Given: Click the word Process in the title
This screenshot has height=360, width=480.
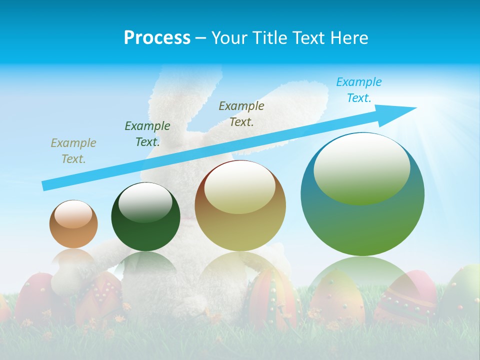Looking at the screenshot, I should tap(157, 38).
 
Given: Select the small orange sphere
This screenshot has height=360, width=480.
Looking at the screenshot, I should tap(73, 224).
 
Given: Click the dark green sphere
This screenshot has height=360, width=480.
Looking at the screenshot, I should tap(145, 217).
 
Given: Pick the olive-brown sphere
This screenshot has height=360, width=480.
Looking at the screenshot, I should tap(240, 205).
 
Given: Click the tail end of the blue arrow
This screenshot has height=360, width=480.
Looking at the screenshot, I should tap(44, 186).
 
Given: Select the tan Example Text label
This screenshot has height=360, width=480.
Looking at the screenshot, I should tap(73, 150).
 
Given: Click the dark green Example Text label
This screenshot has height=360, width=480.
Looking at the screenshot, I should tap(147, 133).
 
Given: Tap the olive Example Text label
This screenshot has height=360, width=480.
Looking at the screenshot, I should tap(241, 113).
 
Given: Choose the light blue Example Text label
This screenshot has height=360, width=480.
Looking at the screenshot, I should tap(358, 89).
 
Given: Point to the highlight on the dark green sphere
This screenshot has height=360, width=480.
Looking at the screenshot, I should tap(145, 203).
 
